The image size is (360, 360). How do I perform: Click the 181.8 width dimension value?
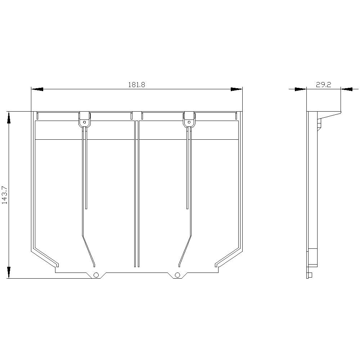tap(136, 85)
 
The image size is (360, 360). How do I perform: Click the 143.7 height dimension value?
tap(5, 195)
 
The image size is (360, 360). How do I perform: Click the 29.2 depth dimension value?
tap(323, 85)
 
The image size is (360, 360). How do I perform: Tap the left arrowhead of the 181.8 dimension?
tap(37, 89)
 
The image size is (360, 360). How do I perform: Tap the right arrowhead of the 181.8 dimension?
tap(237, 89)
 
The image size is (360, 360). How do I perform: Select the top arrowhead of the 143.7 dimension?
tap(9, 118)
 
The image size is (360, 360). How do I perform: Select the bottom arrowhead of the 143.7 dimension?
tap(9, 272)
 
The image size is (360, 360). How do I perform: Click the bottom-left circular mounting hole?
tap(96, 275)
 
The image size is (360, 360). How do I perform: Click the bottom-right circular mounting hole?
tap(177, 275)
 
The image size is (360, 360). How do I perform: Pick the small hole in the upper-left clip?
tap(84, 122)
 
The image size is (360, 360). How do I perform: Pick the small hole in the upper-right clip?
tap(189, 122)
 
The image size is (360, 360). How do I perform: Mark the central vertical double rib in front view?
tap(136, 194)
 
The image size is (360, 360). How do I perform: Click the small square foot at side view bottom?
tap(310, 275)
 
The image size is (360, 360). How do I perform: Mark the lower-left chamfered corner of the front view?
tap(43, 257)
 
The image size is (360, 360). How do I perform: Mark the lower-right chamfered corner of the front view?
tap(230, 257)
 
